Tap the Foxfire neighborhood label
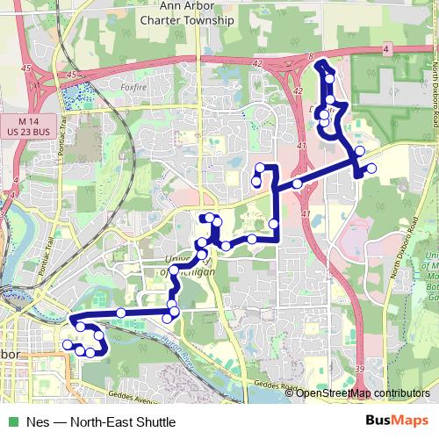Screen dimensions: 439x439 click(133, 87)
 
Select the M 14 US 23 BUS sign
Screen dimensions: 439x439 click(36, 125)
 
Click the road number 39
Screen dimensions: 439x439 click(361, 371)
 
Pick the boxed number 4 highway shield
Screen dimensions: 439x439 click(387, 50)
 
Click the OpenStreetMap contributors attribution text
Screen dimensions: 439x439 click(364, 392)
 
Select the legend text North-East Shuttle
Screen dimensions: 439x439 click(114, 421)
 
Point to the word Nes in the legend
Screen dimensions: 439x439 click(37, 421)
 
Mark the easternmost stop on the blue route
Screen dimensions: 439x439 click(371, 168)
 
